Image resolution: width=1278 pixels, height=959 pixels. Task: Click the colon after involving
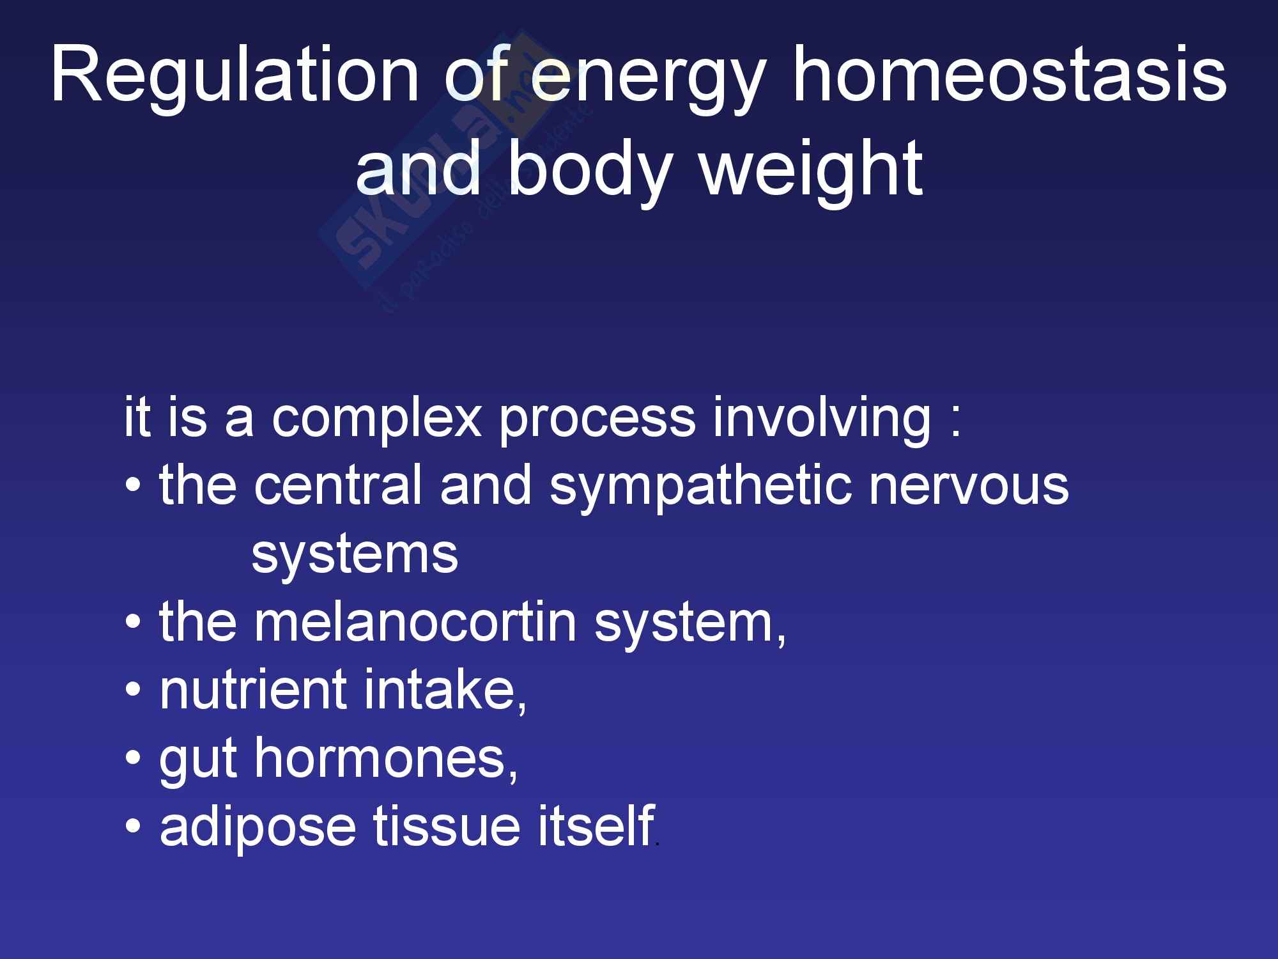coord(955,424)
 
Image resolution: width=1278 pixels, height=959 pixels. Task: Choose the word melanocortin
coord(416,623)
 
